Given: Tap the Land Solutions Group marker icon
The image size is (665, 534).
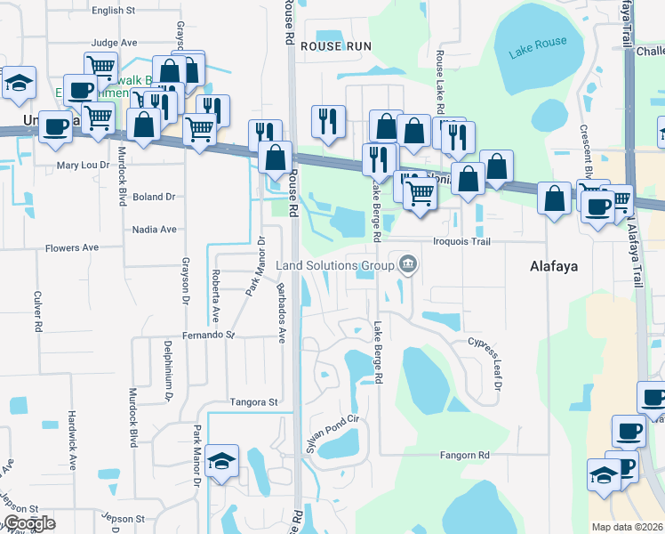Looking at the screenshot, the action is point(408,263).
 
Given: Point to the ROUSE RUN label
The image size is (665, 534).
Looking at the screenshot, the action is point(334,45).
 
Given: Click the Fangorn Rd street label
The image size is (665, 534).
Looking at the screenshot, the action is point(465,455).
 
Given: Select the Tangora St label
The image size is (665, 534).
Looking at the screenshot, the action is point(253,402).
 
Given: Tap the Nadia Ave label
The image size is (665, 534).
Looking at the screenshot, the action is point(154,229).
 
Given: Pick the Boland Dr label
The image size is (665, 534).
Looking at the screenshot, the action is point(153,196).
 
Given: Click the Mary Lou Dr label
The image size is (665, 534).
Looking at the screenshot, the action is point(83,165).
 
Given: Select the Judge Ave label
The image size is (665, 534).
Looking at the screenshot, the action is point(114,42).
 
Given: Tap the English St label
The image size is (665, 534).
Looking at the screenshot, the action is point(113,11).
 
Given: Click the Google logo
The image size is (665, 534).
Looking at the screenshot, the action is point(29,523).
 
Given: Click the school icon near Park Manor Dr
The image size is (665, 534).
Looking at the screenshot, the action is point(221,462).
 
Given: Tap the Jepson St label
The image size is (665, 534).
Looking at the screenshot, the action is point(123,518).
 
